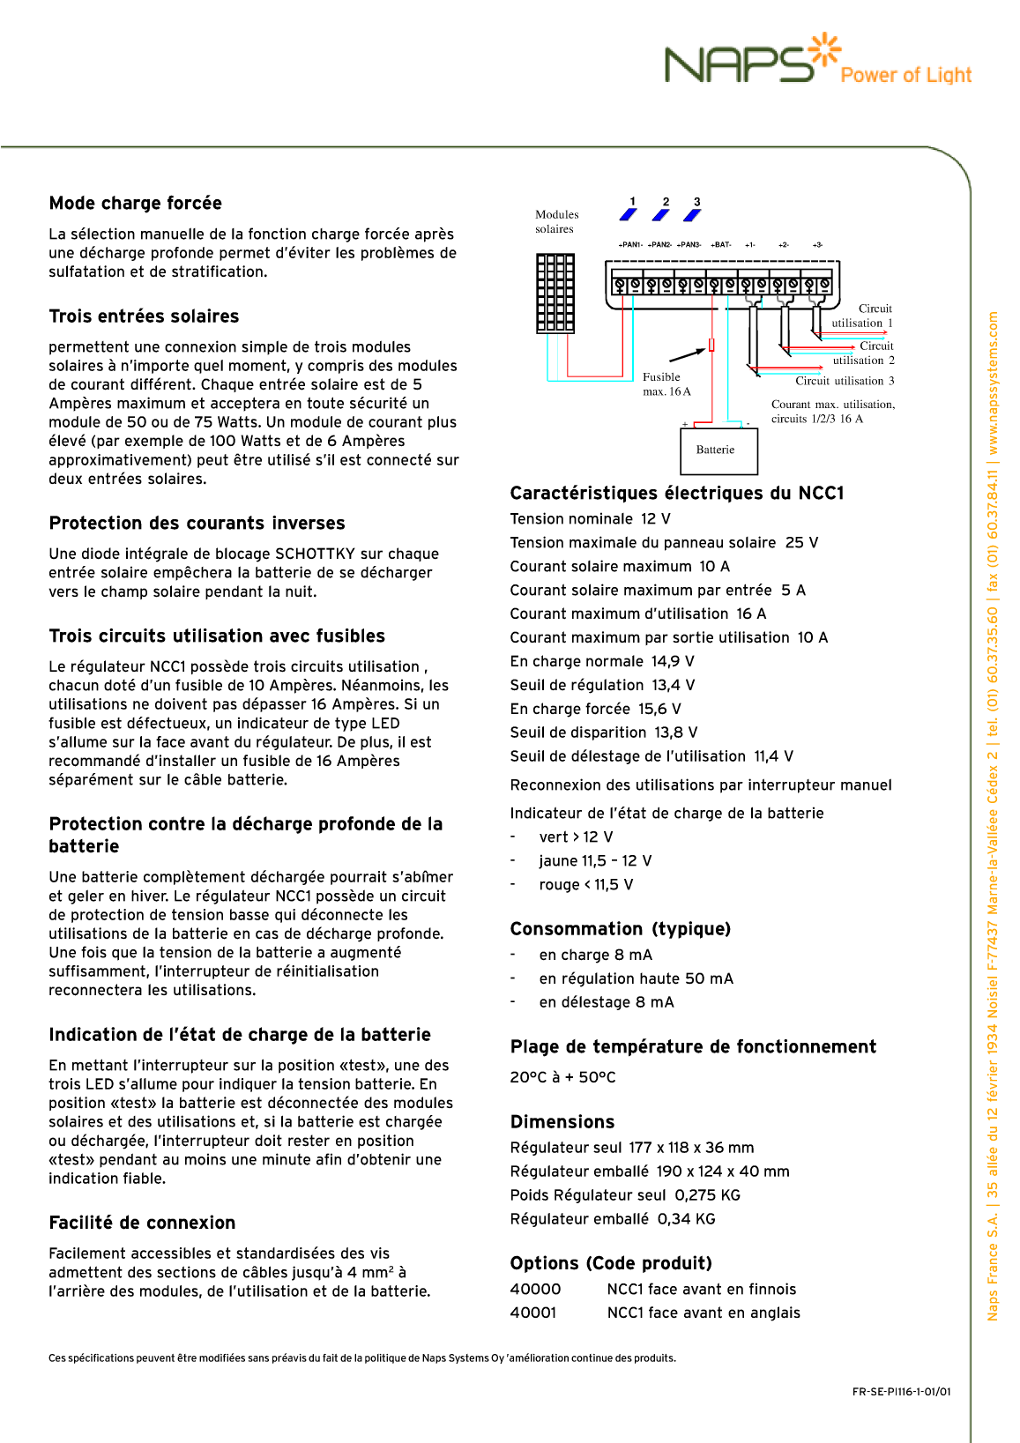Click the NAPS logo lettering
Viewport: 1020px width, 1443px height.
point(739,65)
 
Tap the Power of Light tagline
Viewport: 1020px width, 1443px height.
point(905,76)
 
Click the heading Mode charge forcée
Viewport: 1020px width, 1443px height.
point(136,204)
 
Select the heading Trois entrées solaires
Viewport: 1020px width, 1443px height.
point(144,316)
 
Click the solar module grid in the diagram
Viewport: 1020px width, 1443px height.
point(555,294)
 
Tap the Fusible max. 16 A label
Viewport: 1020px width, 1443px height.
point(666,384)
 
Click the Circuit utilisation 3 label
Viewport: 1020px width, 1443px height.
point(845,381)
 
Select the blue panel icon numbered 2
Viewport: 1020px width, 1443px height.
point(661,214)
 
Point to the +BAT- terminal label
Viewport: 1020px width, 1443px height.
point(721,245)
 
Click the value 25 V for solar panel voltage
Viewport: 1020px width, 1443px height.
point(801,543)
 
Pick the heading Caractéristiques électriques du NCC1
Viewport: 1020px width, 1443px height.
point(676,494)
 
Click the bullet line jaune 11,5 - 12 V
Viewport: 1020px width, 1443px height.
point(595,861)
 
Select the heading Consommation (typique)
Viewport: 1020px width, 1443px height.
point(620,929)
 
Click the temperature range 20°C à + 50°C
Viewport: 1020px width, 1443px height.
point(562,1077)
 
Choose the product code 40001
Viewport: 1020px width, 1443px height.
point(533,1313)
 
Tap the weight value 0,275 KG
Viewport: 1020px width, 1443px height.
point(707,1195)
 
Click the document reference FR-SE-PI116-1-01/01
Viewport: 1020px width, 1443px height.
point(901,1392)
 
